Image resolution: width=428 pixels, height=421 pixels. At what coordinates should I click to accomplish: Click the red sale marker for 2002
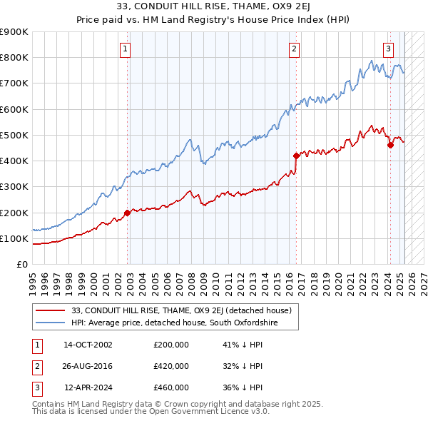(128, 213)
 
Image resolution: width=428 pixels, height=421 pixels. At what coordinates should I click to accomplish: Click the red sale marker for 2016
(296, 155)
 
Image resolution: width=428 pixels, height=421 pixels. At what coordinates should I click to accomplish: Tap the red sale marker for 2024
(390, 145)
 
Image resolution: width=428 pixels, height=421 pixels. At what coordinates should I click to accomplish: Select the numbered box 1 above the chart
(126, 49)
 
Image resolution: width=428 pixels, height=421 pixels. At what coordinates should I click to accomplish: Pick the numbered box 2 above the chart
(294, 49)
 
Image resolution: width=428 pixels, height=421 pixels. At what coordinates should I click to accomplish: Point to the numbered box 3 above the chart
(388, 49)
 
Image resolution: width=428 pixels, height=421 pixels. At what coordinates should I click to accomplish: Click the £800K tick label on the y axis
(14, 58)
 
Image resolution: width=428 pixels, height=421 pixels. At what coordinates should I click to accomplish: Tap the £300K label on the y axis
(14, 187)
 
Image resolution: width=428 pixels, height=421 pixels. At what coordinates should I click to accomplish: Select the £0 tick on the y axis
(22, 265)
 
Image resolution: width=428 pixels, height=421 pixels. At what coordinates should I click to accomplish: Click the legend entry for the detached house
(181, 311)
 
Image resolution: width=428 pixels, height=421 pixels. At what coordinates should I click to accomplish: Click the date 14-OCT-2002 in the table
(88, 345)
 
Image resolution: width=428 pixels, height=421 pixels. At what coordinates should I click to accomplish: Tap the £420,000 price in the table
(171, 366)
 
